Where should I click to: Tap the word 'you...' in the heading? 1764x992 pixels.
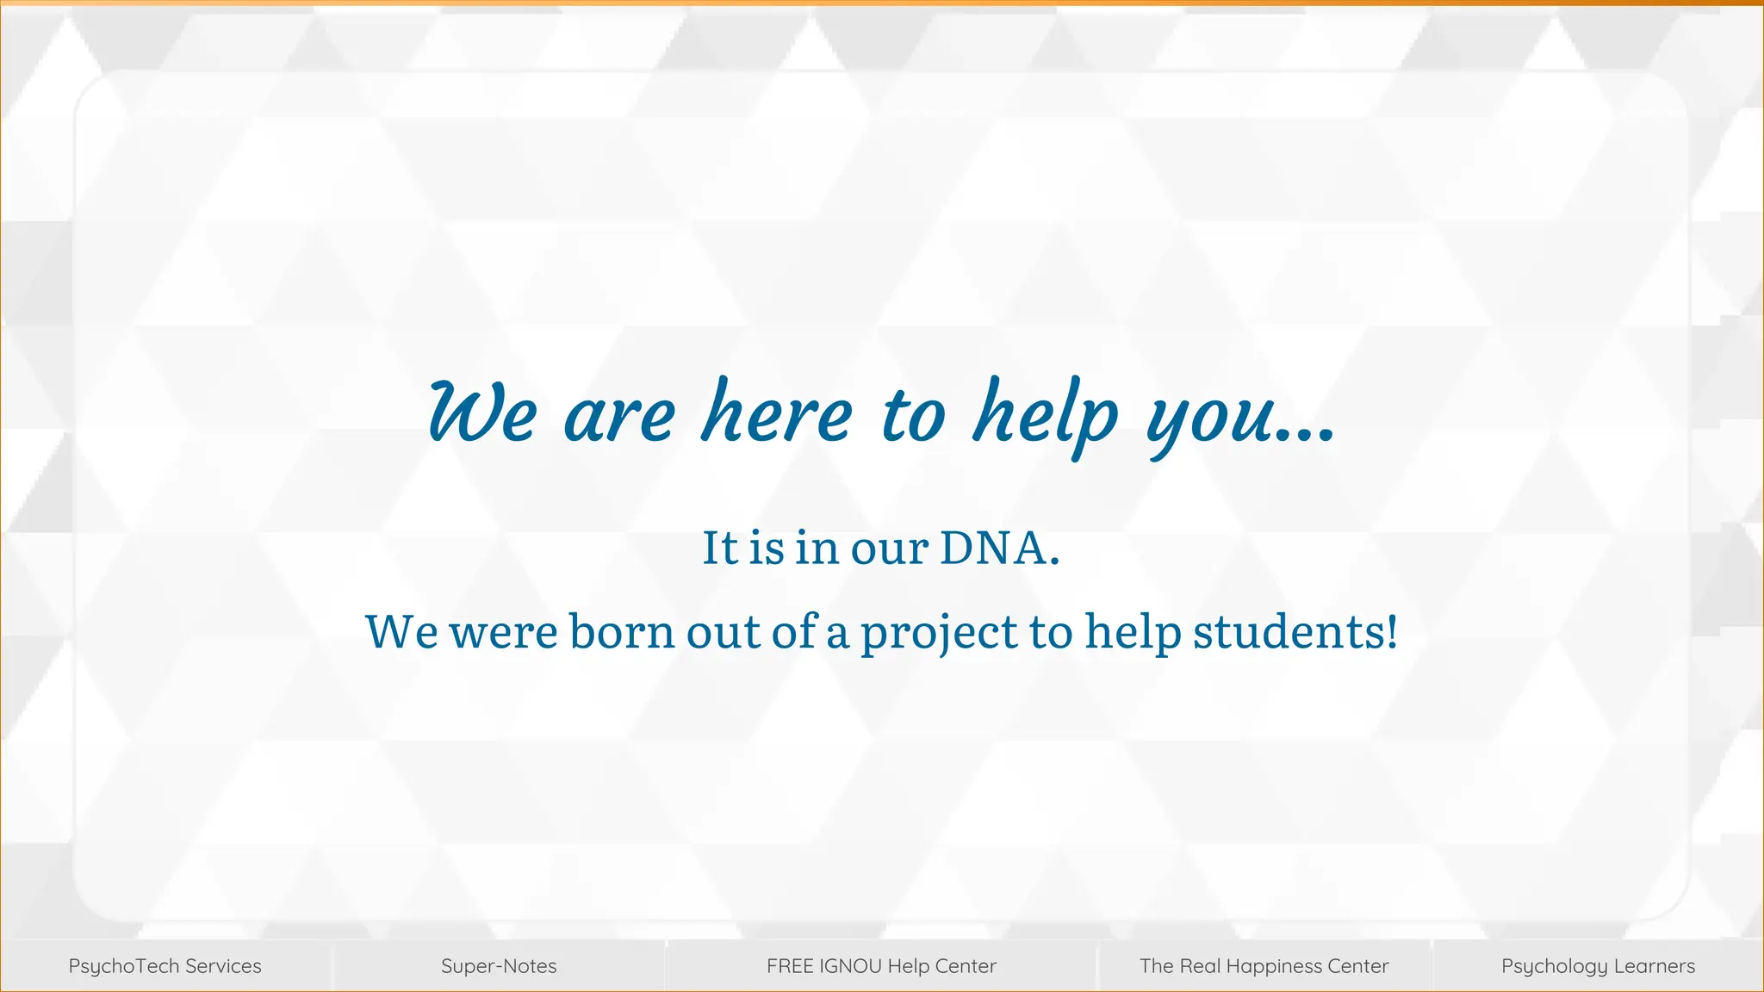(1240, 418)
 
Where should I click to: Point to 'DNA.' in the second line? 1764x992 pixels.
(999, 548)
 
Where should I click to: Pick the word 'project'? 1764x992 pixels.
(939, 633)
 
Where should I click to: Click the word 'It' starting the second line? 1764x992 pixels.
(720, 548)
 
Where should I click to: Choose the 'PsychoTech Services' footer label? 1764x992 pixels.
(165, 966)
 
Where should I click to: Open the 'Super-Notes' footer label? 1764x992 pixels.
(499, 966)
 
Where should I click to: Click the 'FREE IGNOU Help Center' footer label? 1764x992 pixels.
(881, 966)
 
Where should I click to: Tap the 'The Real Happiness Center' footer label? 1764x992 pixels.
(1264, 966)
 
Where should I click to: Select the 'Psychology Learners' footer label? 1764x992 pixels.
(1598, 966)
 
